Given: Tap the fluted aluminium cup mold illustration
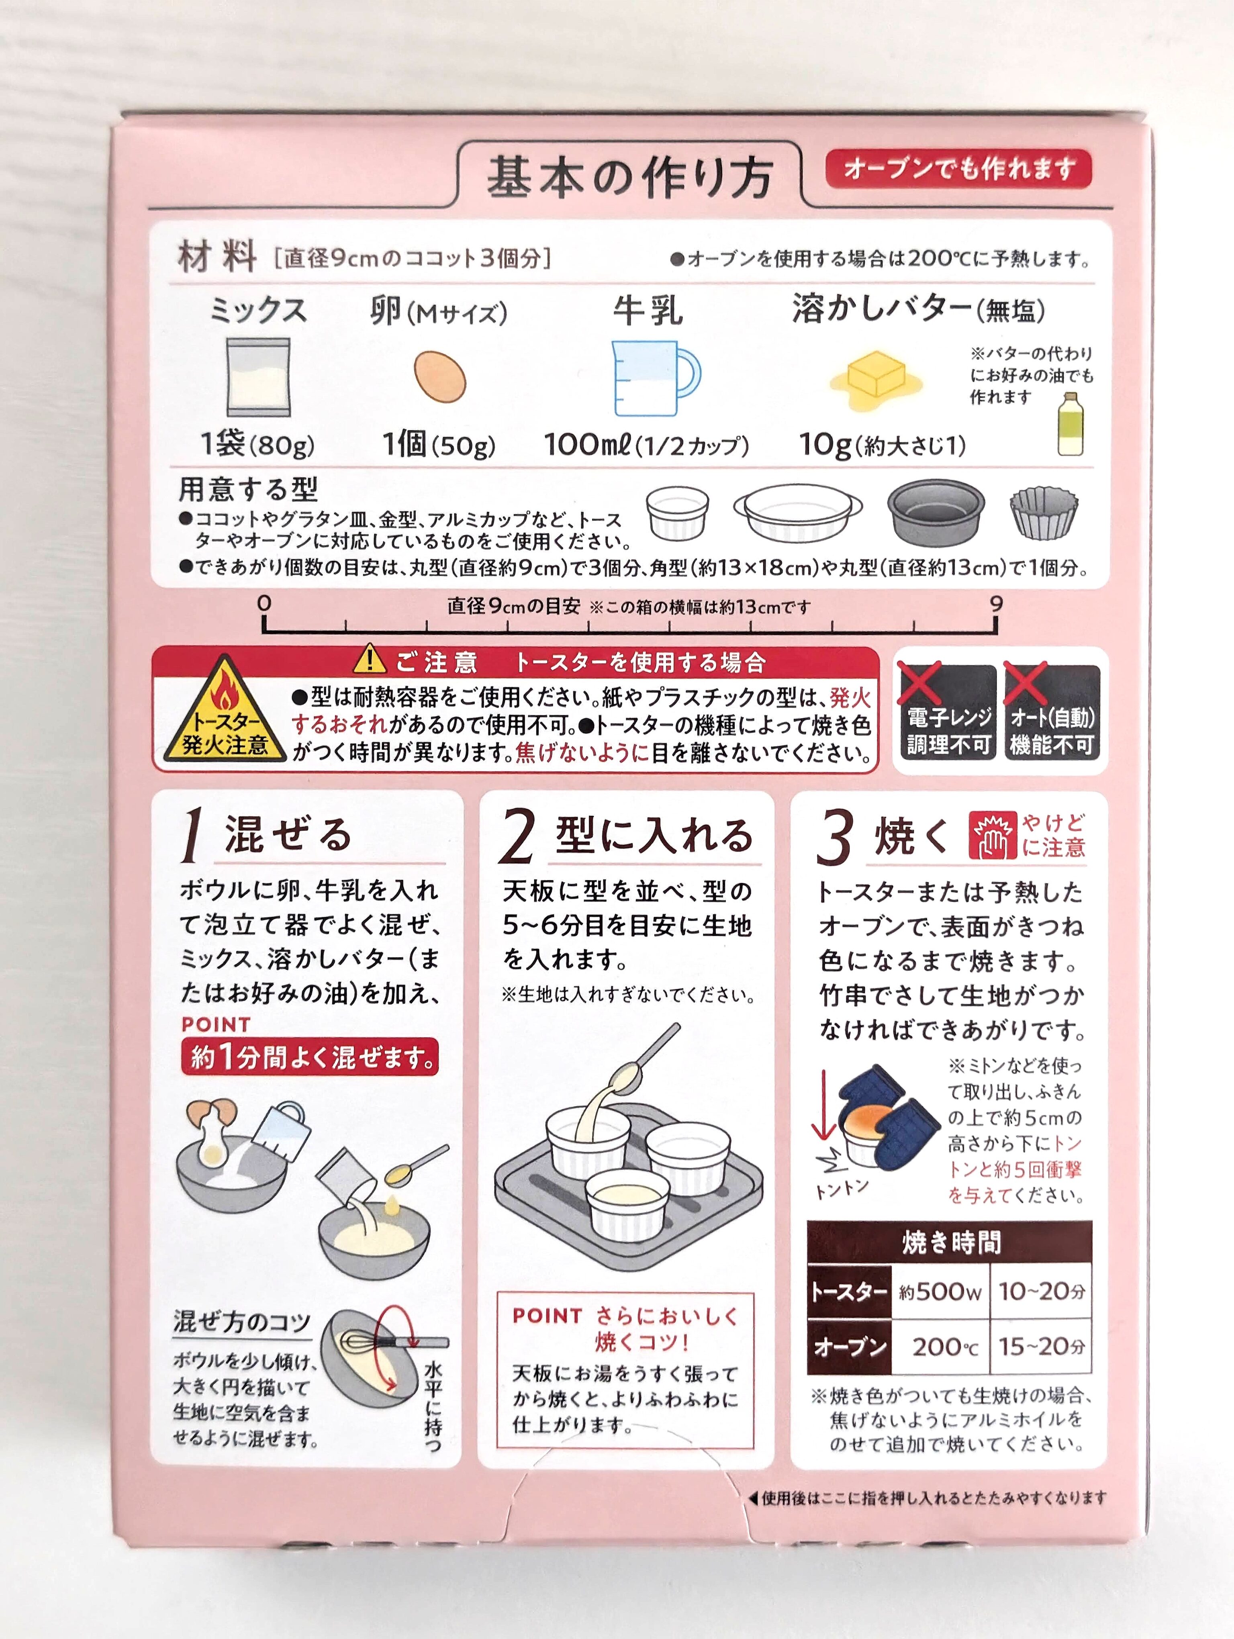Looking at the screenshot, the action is [1044, 512].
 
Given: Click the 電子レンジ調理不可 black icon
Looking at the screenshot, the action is [948, 711].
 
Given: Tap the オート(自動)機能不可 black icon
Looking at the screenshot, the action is [1052, 711].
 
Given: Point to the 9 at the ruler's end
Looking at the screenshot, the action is [996, 604].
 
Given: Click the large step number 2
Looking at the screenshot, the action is [517, 836].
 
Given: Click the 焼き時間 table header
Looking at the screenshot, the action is [950, 1242].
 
